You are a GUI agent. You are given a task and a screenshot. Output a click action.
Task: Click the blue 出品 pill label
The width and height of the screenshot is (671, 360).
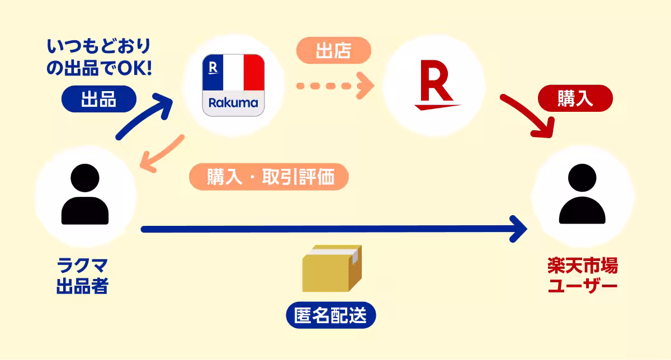98,100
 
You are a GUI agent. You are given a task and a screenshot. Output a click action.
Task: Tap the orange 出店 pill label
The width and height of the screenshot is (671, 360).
333,51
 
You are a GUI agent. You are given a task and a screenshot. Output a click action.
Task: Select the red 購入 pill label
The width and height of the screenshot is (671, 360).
575,99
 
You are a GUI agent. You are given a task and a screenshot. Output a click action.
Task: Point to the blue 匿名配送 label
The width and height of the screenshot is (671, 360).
330,316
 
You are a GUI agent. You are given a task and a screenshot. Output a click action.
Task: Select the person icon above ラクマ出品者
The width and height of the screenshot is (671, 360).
85,195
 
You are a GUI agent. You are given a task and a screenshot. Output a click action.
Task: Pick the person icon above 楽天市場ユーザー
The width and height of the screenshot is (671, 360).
582,195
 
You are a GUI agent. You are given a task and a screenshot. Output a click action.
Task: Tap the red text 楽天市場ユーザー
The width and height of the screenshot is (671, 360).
582,276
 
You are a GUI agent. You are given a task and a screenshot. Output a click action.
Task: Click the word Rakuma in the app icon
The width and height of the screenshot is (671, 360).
233,103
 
